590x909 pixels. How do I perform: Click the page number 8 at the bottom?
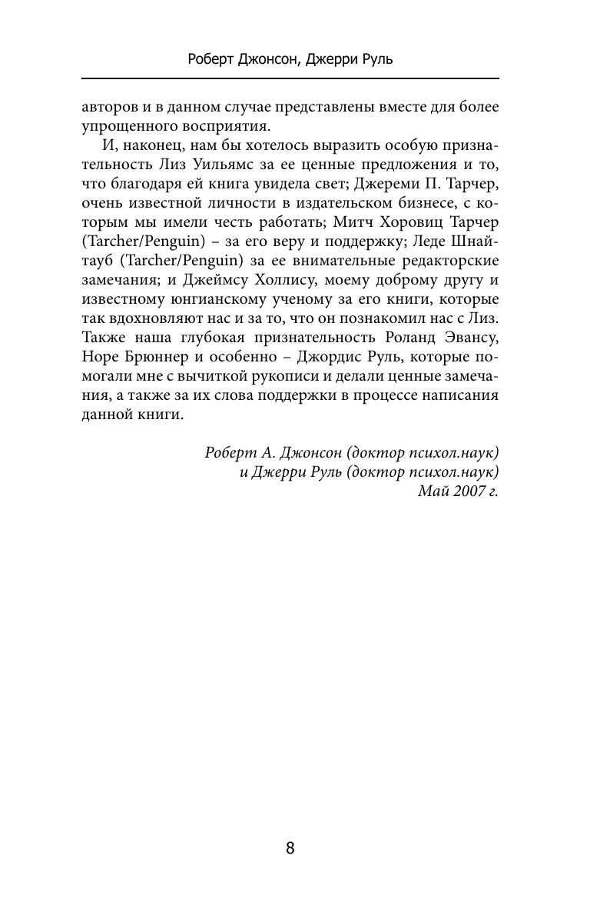pyautogui.click(x=290, y=848)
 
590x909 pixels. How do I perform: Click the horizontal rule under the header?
pyautogui.click(x=290, y=78)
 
